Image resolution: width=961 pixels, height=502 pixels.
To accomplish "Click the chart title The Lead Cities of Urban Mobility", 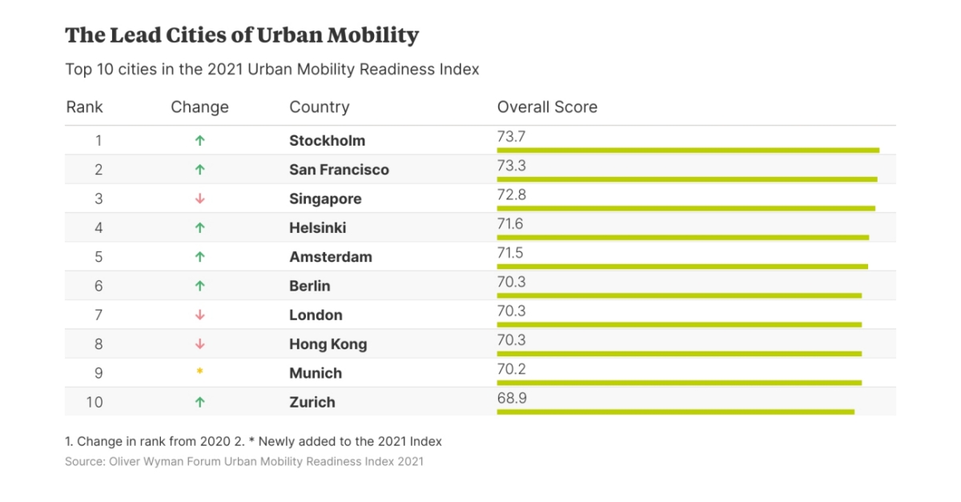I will (x=242, y=36).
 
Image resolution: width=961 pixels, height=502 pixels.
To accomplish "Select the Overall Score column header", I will (x=547, y=107).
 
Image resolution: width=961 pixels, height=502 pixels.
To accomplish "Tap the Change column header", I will (x=199, y=107).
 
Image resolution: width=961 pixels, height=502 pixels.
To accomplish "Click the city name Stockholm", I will (x=327, y=141).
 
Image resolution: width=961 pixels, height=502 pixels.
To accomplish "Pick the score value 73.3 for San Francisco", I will (x=511, y=166).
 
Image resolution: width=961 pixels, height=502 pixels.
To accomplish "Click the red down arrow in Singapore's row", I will (x=200, y=199).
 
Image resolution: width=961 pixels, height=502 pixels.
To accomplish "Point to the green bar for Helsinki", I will (x=682, y=237).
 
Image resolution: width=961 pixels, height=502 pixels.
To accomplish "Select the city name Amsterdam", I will (x=330, y=257).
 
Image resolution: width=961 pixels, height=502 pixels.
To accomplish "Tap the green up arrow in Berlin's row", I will (x=200, y=286).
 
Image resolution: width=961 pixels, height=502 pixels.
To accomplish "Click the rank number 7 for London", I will (x=99, y=315).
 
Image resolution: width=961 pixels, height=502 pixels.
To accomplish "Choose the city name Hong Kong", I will (x=328, y=344).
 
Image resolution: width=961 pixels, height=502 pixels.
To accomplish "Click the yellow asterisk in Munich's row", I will (x=200, y=373).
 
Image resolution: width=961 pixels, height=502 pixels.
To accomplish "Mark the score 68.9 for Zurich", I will (x=511, y=398).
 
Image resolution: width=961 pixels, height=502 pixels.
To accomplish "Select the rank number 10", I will (x=94, y=403).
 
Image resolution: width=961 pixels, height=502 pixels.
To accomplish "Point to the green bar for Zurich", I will (x=675, y=412).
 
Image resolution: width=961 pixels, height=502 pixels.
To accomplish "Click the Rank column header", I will (x=84, y=107).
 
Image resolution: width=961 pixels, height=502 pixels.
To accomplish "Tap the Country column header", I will (x=319, y=107).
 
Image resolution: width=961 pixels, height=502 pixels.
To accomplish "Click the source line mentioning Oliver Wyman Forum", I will (x=244, y=462).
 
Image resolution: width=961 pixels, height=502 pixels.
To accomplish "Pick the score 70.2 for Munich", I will (x=511, y=369).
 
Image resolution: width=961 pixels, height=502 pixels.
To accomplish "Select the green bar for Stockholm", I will (x=688, y=150).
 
